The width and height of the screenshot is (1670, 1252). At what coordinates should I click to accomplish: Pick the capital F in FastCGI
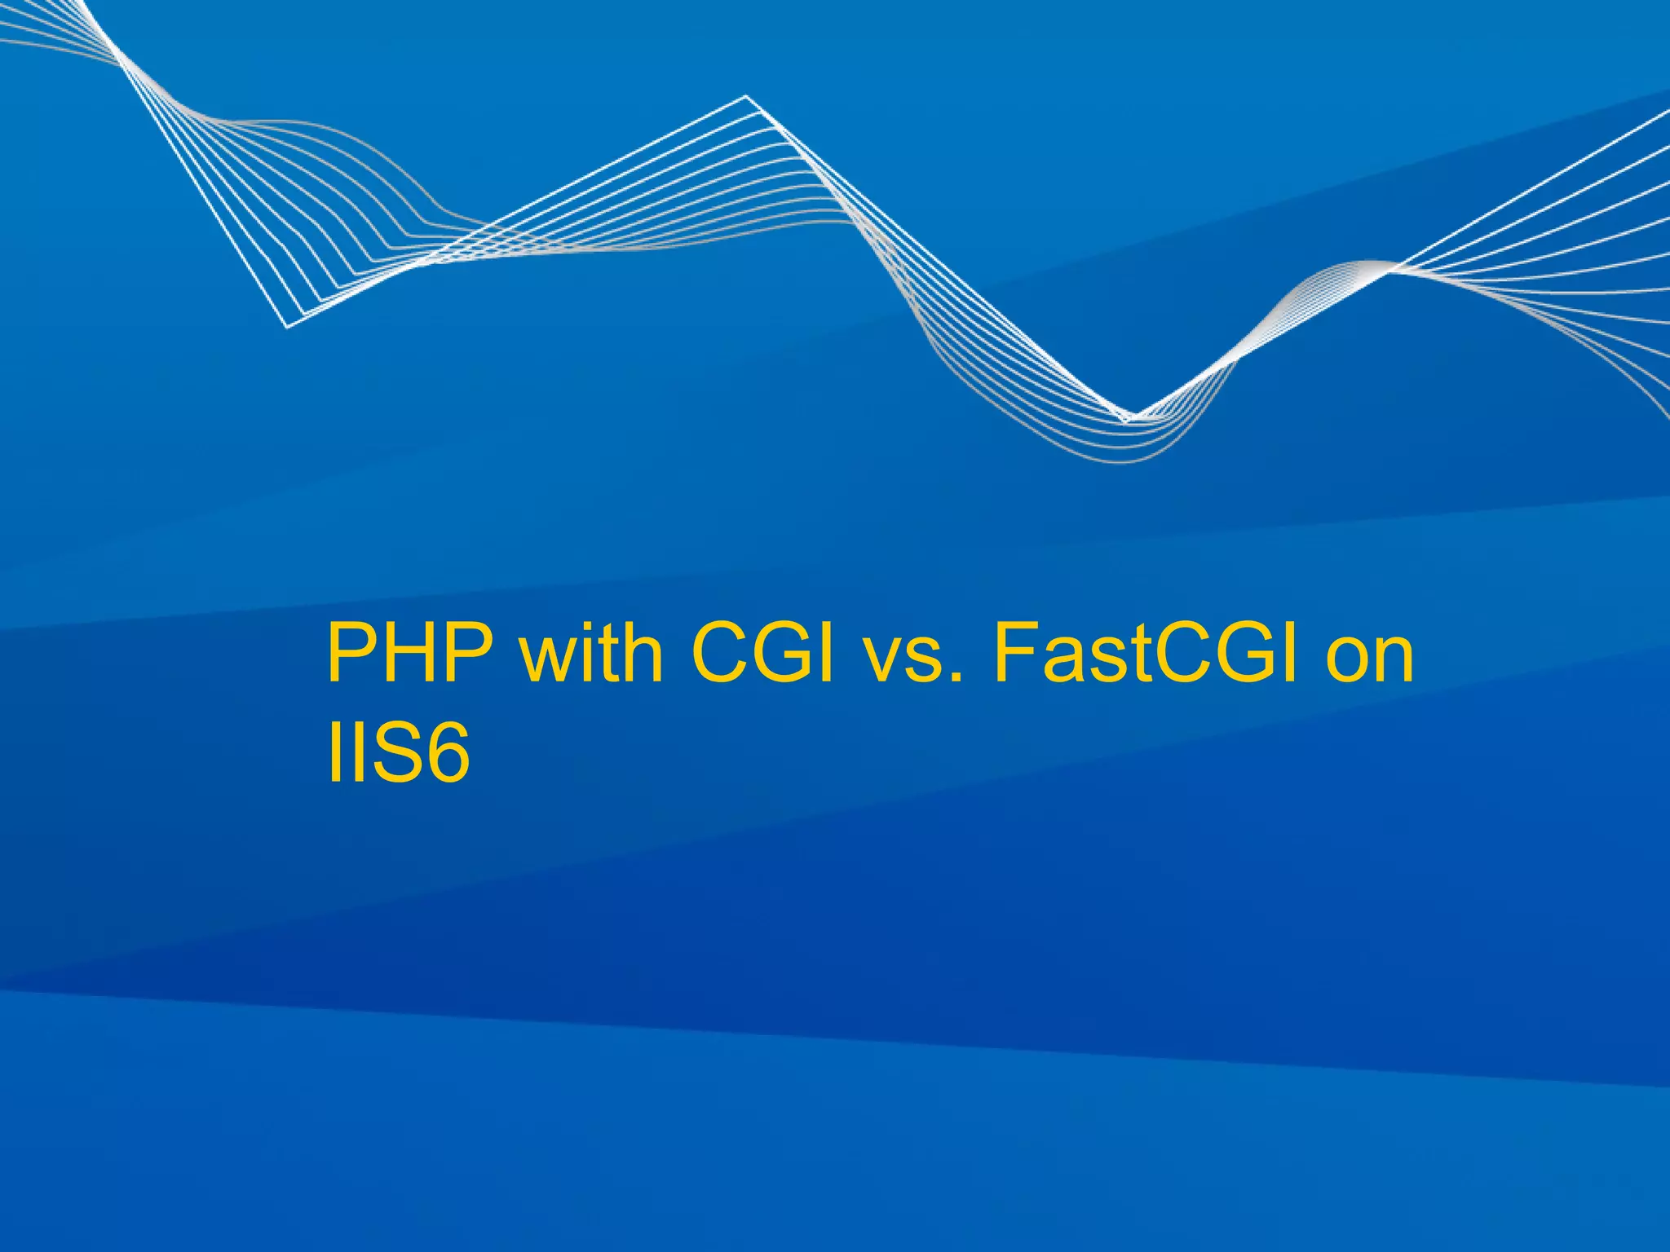coord(1015,654)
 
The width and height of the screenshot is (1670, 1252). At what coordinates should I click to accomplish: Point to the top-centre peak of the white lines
coord(745,97)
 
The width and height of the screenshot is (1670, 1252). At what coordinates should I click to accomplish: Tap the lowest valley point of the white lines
coord(1127,419)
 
